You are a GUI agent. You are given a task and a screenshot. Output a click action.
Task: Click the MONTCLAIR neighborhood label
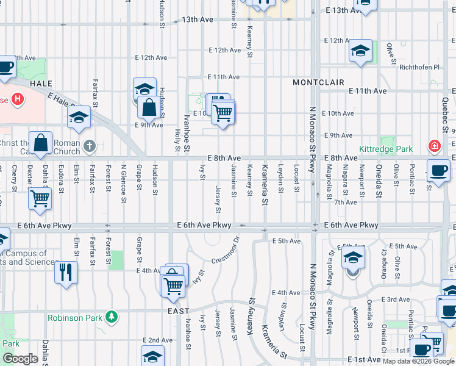pyautogui.click(x=318, y=82)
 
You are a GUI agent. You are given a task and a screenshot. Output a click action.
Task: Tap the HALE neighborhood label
pyautogui.click(x=40, y=84)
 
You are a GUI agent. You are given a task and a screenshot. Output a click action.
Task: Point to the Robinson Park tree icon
pyautogui.click(x=111, y=317)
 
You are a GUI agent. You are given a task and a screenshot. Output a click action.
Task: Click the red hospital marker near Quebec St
pyautogui.click(x=433, y=146)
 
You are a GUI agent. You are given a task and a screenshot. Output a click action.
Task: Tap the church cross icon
pyautogui.click(x=90, y=146)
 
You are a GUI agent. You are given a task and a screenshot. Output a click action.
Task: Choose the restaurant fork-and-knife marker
pyautogui.click(x=66, y=271)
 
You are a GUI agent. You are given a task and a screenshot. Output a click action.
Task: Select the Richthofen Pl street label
pyautogui.click(x=419, y=67)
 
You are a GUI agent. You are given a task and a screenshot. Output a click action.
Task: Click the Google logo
pyautogui.click(x=20, y=359)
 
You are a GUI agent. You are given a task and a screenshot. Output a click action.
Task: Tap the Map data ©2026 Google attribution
pyautogui.click(x=418, y=361)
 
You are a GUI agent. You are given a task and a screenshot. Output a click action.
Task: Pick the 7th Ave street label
pyautogui.click(x=345, y=202)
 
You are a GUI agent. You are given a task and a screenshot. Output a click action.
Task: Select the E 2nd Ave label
pyautogui.click(x=158, y=340)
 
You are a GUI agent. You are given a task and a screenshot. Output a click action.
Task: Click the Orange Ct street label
pyautogui.click(x=383, y=262)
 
